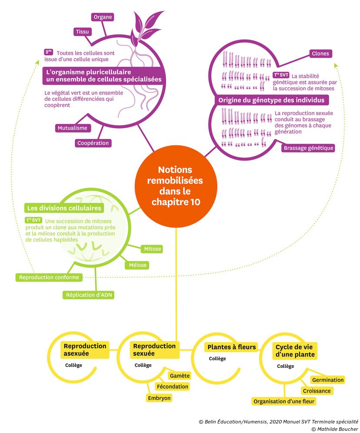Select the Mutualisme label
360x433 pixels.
[x=72, y=128]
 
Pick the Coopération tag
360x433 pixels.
[x=93, y=143]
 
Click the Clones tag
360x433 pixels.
[x=320, y=54]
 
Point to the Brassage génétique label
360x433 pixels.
[x=308, y=148]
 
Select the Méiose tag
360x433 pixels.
[x=137, y=265]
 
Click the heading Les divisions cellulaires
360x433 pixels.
[x=64, y=208]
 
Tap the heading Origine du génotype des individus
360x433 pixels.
[x=271, y=100]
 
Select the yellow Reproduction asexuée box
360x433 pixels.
[x=85, y=350]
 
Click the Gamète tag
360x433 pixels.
[x=179, y=375]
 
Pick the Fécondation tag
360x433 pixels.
[x=172, y=387]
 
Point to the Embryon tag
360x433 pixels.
[x=160, y=398]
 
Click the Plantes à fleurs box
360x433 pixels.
[x=231, y=347]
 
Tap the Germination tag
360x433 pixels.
[x=328, y=380]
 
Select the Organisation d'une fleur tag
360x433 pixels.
[x=284, y=402]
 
